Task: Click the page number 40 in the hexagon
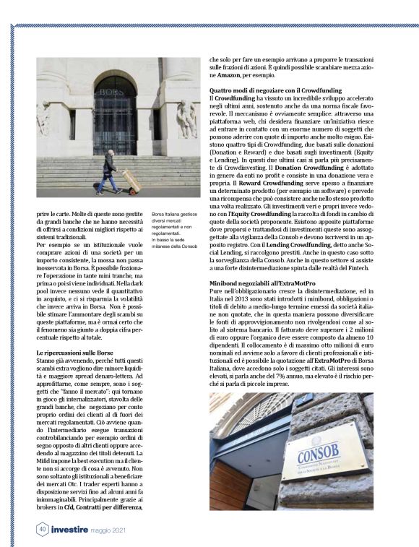coord(43,529)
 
